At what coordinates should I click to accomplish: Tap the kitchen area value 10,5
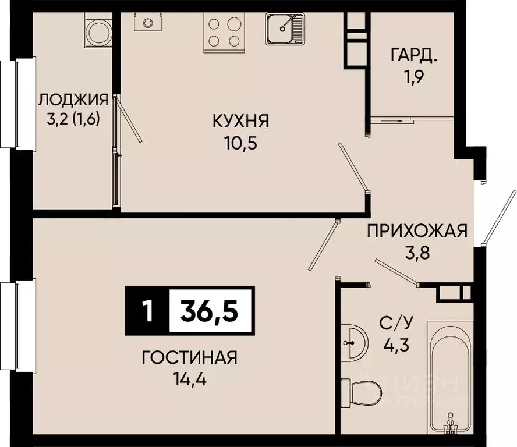pyautogui.click(x=240, y=143)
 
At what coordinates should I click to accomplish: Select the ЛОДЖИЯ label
pyautogui.click(x=73, y=100)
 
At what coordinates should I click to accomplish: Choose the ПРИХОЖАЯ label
pyautogui.click(x=417, y=231)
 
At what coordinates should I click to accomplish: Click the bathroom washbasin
pyautogui.click(x=353, y=342)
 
